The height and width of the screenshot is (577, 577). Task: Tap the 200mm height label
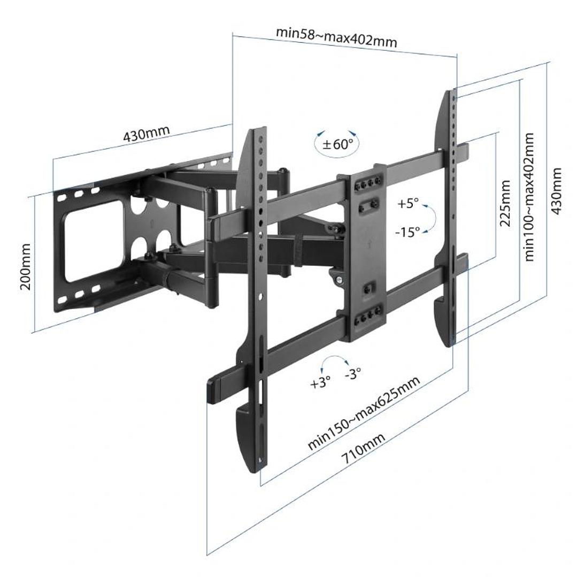25,266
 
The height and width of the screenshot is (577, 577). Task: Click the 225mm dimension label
505,203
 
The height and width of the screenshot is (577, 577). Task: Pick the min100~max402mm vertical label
529,196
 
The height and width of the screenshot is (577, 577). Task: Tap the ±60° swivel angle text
337,144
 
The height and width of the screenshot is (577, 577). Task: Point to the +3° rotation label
320,383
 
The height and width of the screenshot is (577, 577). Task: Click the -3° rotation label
353,373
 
